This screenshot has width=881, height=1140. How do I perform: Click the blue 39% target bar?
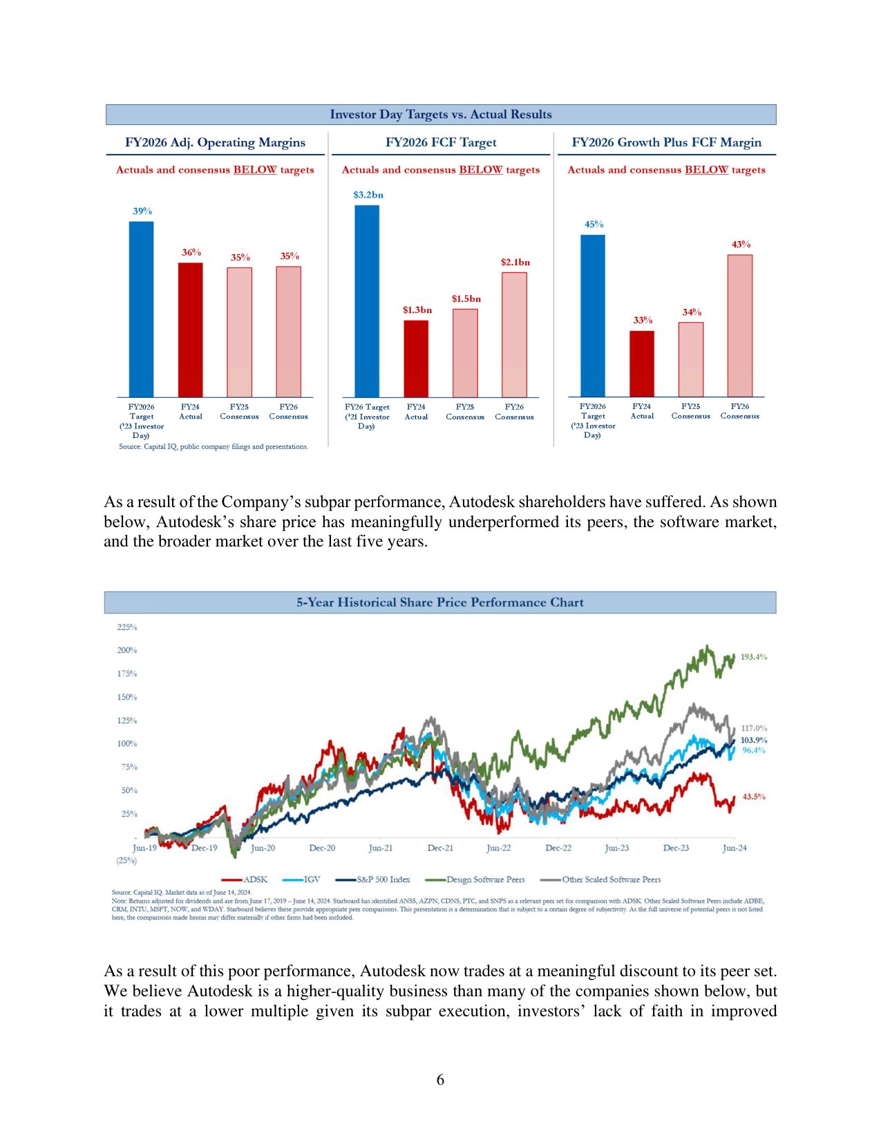141,309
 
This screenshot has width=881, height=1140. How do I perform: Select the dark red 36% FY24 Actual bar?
191,330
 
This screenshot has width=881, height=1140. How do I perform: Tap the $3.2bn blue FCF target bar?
367,301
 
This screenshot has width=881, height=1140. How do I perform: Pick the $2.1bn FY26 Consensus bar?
514,334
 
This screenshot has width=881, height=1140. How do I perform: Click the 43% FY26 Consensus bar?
739,325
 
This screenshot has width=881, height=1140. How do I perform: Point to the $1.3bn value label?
417,310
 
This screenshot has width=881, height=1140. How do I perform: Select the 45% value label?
594,224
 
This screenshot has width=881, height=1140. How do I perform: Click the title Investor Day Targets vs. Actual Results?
441,115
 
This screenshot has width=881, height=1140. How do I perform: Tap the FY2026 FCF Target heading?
441,142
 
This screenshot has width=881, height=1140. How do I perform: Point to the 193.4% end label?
753,656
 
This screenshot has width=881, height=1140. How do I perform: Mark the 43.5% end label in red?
754,797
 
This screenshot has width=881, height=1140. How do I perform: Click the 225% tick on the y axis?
127,627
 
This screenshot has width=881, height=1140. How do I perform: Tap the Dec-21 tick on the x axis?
440,848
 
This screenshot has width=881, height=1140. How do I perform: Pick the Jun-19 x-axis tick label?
144,848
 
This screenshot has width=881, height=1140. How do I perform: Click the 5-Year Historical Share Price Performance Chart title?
440,602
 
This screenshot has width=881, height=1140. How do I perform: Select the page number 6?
440,1080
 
